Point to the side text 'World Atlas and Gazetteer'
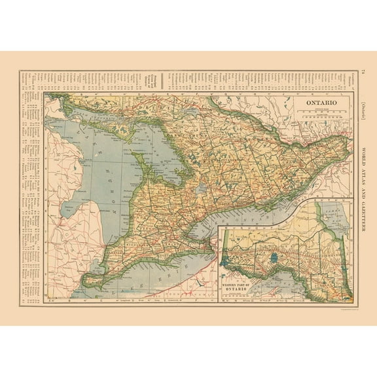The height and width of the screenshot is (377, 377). coord(364,190)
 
